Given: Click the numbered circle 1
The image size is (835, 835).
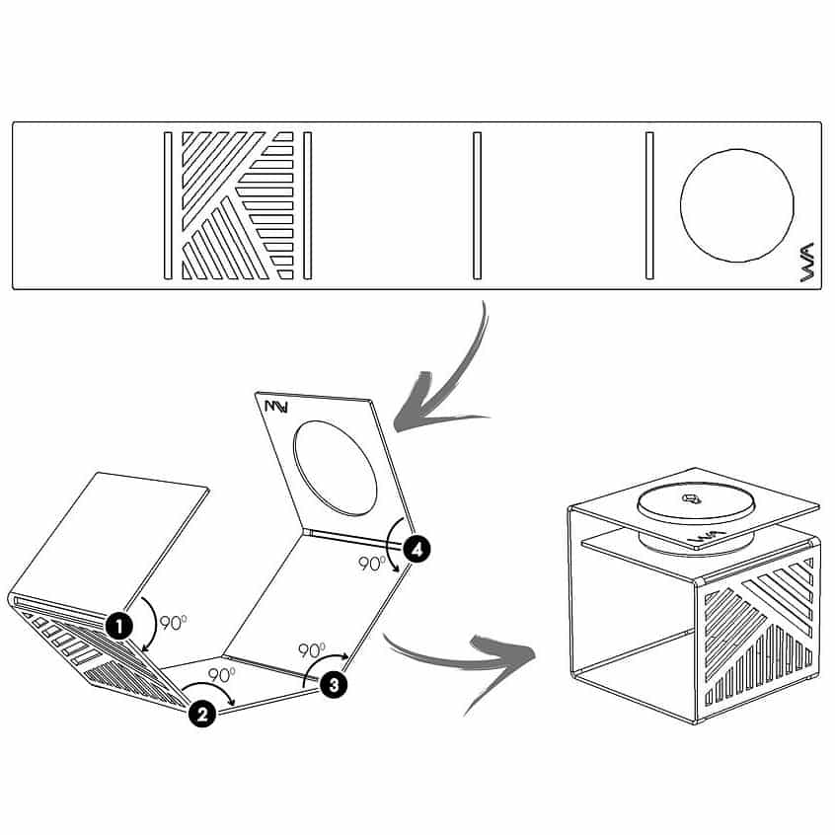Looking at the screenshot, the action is pos(119,625).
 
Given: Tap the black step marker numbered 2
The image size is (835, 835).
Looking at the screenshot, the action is pos(202,713).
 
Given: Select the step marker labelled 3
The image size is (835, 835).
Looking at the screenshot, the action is pos(334,683).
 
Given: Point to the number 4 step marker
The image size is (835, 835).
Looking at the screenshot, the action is pos(417,549).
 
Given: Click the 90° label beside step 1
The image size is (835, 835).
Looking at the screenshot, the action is pos(173,623).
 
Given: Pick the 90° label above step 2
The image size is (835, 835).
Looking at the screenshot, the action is pos(221,675).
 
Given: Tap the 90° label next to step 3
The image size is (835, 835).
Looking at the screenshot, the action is pos(312,650).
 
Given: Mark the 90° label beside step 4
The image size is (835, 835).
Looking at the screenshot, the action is pos(372,564).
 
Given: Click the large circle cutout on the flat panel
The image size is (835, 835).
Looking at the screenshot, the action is pos(737,205).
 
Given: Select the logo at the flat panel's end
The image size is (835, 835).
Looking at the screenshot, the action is pos(807,262).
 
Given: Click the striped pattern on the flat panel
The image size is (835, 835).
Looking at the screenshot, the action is pos(238,205).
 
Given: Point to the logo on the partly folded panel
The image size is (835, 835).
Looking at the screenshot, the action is pos(276,407).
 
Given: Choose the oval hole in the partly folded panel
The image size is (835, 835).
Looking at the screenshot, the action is pos(336,468).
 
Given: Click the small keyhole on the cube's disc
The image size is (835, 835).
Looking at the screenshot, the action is pos(691,498).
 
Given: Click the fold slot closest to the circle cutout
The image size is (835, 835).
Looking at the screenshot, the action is pos(649,205).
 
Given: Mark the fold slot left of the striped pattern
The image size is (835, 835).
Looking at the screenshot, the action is pos(168,205).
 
